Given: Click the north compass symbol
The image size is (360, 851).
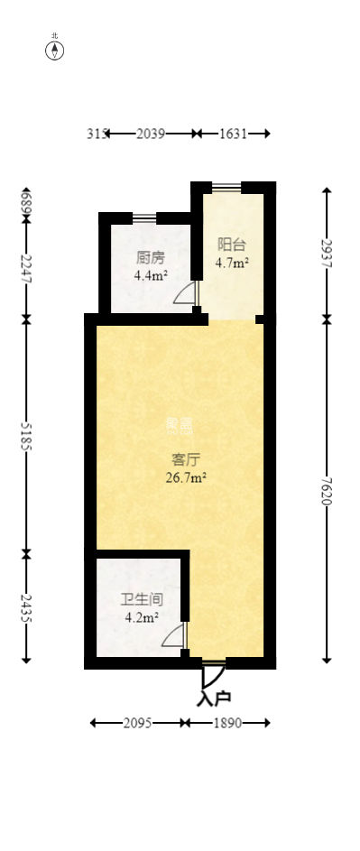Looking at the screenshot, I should [55, 50].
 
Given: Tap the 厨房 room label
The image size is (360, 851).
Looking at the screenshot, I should [150, 257].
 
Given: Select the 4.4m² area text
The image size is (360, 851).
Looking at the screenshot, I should [150, 275].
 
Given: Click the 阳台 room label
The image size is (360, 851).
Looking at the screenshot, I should [232, 245].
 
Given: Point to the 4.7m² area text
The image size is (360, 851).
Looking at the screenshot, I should [232, 264].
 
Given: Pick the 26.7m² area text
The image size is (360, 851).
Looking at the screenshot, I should [187, 477].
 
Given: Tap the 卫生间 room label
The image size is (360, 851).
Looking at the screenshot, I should [142, 598].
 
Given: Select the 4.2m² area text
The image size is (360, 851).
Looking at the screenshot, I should [142, 618].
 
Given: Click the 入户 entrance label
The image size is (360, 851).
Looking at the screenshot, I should [214, 698].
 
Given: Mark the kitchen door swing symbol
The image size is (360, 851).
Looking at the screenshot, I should [184, 293].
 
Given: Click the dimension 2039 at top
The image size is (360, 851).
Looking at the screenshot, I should [150, 134].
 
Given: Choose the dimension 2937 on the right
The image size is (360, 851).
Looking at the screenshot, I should [327, 252].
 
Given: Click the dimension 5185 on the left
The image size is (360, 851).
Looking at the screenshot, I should [26, 435].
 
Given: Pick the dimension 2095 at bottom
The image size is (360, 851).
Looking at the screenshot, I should [138, 723].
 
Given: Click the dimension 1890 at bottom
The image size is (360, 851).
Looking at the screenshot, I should [227, 723].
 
